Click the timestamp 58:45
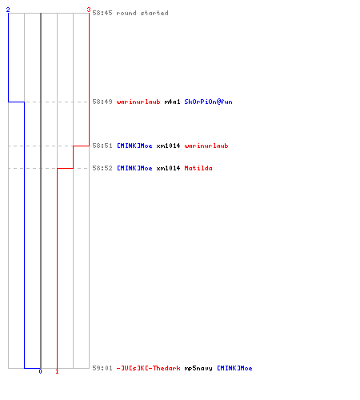click(x=102, y=13)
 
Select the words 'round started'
click(x=142, y=13)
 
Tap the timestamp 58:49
click(x=102, y=102)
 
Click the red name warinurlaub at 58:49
click(x=138, y=102)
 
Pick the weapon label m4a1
click(x=172, y=102)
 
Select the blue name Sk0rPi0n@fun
click(x=208, y=102)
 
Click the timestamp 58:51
click(x=102, y=146)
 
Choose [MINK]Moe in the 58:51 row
click(x=134, y=146)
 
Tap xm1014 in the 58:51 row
click(x=168, y=146)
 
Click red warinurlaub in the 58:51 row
click(x=206, y=146)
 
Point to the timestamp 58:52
click(x=102, y=168)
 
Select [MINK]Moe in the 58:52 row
click(x=134, y=168)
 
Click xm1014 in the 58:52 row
click(x=168, y=168)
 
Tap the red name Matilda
click(x=198, y=168)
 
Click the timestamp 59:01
click(x=102, y=368)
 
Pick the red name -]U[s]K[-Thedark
click(x=149, y=368)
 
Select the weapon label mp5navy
click(x=198, y=368)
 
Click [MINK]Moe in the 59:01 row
click(x=234, y=368)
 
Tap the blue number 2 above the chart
click(x=8, y=10)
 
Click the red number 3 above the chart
click(x=89, y=10)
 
